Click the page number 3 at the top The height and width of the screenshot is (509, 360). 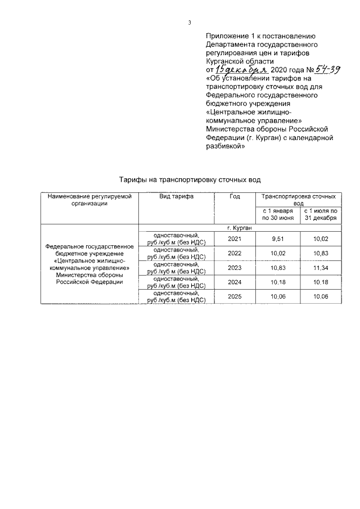click(190, 23)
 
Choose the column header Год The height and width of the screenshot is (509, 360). click(235, 196)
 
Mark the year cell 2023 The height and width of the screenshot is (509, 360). click(235, 268)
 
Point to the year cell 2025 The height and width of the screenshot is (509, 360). click(235, 297)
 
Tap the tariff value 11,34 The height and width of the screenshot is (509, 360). click(320, 268)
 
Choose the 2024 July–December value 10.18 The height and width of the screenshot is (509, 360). click(320, 282)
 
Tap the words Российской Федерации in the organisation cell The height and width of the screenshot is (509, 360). click(89, 282)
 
